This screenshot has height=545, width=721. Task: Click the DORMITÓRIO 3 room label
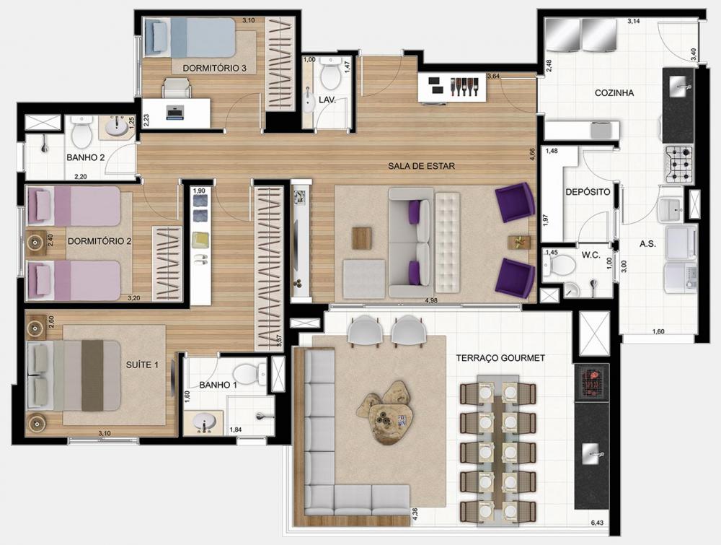(214, 68)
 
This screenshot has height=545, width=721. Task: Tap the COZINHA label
(614, 93)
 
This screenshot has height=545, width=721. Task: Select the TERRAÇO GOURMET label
(500, 357)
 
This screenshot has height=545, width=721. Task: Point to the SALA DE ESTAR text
(421, 166)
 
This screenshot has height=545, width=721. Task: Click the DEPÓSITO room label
(588, 192)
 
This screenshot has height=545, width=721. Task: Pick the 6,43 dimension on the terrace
(597, 523)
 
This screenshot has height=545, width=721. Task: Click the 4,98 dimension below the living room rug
(431, 300)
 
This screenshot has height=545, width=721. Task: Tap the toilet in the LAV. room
(329, 73)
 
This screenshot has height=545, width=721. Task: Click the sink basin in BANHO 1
(204, 422)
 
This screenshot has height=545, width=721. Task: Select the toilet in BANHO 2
(82, 129)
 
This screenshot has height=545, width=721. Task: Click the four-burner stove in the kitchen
(678, 164)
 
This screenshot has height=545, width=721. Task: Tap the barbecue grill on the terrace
(592, 380)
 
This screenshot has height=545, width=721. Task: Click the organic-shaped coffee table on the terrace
(383, 410)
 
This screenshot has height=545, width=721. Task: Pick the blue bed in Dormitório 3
(190, 38)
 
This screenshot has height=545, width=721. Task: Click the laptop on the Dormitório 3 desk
(174, 113)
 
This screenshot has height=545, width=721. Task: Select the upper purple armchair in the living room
(515, 202)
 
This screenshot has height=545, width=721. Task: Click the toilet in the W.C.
(559, 265)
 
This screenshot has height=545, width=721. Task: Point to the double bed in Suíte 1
(74, 375)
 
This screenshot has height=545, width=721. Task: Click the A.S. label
(648, 244)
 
